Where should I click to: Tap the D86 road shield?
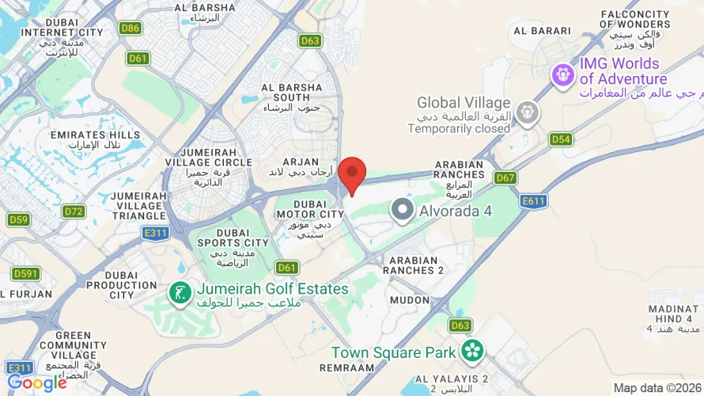131,28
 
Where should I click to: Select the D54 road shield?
561,139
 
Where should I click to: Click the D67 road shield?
505,177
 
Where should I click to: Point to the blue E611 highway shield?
534,201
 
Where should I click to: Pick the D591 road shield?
26,273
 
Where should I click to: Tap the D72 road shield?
74,211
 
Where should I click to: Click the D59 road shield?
18,219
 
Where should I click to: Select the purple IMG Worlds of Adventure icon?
563,75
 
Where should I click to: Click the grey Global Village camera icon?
525,113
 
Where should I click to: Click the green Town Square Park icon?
472,350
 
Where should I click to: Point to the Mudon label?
408,301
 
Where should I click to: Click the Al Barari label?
542,31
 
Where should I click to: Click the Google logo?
36,383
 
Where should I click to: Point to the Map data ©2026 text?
657,387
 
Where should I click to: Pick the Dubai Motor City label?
309,214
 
